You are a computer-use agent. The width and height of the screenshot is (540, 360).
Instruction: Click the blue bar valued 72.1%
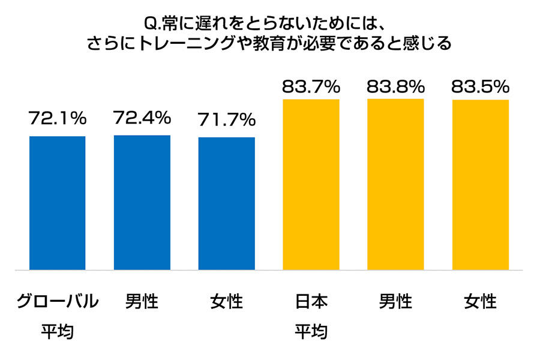(x=57, y=203)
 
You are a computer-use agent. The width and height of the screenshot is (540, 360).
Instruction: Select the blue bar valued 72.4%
(x=142, y=202)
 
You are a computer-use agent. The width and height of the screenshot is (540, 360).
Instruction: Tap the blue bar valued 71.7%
(x=227, y=203)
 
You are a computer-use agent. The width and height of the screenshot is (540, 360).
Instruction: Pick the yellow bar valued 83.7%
(x=311, y=184)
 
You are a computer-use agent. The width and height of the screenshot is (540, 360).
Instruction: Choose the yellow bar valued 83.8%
(x=395, y=184)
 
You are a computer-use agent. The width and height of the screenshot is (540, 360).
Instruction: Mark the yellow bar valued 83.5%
(x=480, y=185)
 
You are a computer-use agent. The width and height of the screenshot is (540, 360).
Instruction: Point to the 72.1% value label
(x=58, y=119)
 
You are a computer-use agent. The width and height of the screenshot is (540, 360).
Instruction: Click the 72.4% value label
(x=142, y=118)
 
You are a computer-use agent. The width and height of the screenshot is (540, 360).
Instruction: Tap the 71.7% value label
(x=227, y=120)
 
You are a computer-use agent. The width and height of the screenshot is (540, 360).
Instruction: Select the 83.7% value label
(x=311, y=87)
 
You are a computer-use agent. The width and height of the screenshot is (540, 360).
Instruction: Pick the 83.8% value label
(x=395, y=87)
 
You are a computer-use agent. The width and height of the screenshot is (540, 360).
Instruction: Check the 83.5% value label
(x=480, y=87)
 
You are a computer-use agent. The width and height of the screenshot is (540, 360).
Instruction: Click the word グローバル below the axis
(x=57, y=300)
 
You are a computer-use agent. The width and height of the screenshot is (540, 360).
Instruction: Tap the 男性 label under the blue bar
(x=142, y=300)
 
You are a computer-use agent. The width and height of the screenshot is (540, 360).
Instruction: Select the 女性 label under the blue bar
(x=227, y=300)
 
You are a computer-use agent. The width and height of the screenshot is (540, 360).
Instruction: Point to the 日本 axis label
(x=311, y=300)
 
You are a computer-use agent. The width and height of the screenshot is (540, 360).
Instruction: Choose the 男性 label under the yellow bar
(x=395, y=300)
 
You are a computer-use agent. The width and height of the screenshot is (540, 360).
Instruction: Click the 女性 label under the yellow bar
(x=481, y=300)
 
